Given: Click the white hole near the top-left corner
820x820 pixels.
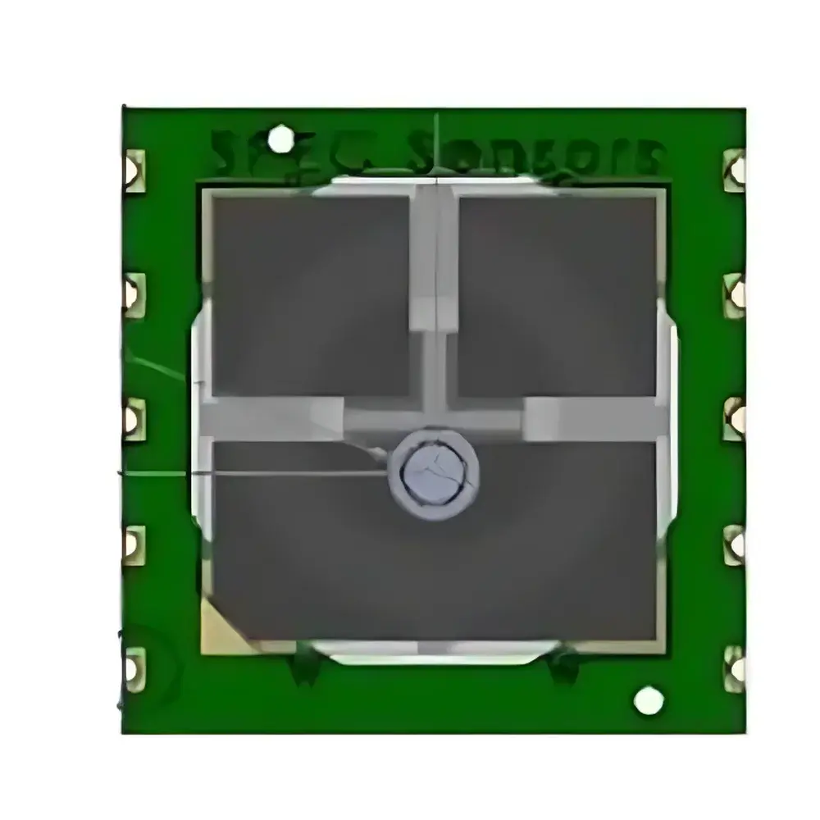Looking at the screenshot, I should (x=280, y=139).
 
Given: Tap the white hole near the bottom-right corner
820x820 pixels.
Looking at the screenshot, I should (x=649, y=700).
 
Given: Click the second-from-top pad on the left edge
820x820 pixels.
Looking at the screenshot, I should (x=133, y=293).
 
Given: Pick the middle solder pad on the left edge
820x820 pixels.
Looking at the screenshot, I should (x=133, y=419).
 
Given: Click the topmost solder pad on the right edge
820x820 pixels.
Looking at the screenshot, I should (x=736, y=170).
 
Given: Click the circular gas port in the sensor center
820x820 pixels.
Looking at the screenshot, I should (x=435, y=474).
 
